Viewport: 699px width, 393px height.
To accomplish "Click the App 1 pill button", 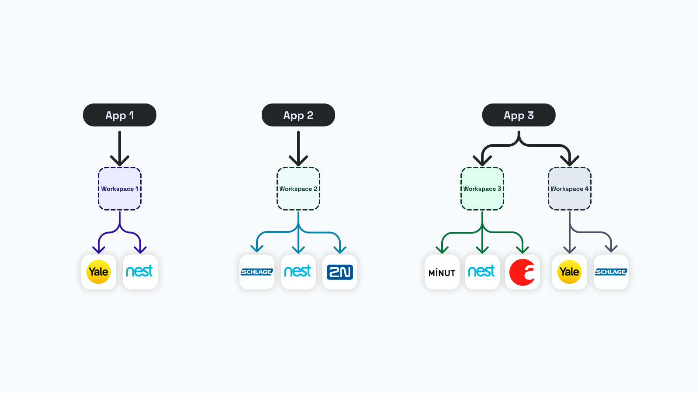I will coord(120,115).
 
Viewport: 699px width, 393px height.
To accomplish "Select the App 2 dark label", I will coord(298,115).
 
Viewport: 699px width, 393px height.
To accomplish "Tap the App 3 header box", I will coord(519,115).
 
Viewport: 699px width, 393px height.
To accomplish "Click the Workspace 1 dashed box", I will coord(120,189).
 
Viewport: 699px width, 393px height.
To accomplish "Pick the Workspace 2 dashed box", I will coord(298,189).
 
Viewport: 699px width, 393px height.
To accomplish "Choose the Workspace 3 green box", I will coord(482,189).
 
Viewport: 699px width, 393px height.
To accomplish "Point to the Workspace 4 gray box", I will coord(570,189).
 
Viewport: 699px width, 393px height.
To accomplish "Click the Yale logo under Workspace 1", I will coord(99,272).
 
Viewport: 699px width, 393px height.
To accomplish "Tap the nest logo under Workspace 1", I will coord(140,272).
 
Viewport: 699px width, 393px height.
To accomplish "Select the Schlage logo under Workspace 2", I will coord(257,272).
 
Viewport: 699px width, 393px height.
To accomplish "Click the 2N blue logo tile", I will coord(340,272).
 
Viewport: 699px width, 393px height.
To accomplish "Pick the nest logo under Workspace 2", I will coord(298,272).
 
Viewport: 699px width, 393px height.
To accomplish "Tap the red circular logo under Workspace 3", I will coord(523,272).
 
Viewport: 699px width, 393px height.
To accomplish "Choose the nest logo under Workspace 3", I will coord(482,272).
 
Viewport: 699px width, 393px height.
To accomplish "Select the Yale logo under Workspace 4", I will coord(570,272).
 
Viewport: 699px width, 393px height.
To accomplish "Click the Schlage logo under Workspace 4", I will coord(611,272).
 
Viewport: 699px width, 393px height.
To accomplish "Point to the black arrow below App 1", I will coord(120,148).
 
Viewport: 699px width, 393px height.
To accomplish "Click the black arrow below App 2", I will coord(298,148).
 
